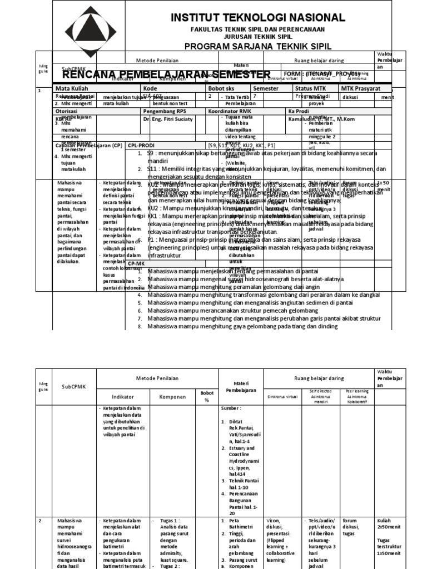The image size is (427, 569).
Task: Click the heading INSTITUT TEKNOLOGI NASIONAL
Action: [x=257, y=18]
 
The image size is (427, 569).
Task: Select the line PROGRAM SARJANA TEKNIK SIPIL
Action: [x=257, y=46]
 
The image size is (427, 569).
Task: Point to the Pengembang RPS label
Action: [x=162, y=111]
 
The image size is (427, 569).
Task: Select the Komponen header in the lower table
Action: [x=173, y=398]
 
